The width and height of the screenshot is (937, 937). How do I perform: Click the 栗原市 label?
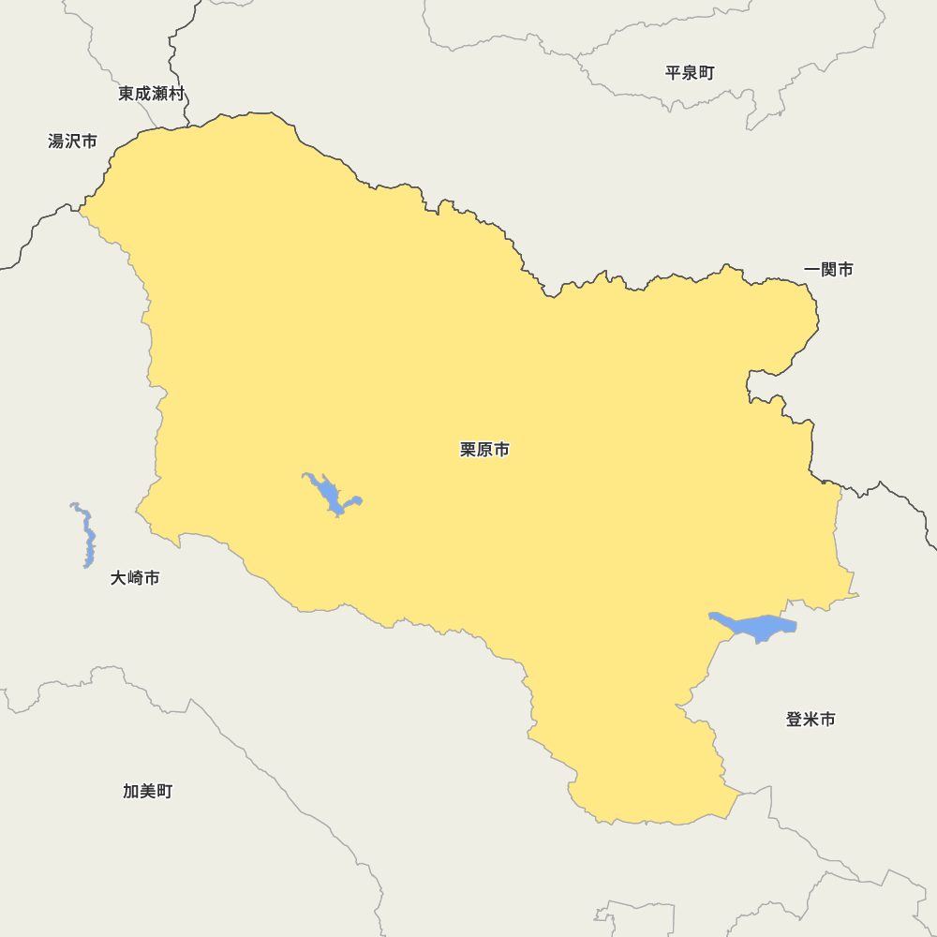click(x=484, y=450)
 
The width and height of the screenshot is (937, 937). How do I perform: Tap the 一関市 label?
click(x=828, y=270)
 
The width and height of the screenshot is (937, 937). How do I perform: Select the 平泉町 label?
click(x=690, y=73)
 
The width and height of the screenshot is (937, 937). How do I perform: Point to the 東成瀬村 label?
click(x=151, y=94)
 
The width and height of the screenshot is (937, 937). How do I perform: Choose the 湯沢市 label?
click(x=72, y=141)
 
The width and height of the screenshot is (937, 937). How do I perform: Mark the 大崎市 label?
click(x=135, y=578)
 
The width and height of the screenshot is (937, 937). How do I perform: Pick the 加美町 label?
click(x=147, y=792)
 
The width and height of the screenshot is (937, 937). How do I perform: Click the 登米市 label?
click(x=811, y=720)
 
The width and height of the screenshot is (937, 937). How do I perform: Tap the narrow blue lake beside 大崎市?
click(x=87, y=537)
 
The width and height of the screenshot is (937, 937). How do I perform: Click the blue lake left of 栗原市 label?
click(x=330, y=494)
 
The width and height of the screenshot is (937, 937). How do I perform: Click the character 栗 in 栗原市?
click(x=468, y=450)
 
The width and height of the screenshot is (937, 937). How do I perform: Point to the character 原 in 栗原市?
click(x=485, y=450)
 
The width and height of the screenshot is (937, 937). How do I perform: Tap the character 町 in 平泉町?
click(x=706, y=73)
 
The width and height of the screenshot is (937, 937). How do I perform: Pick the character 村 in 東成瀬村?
click(x=176, y=94)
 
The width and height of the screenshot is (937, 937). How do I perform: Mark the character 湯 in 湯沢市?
click(x=56, y=141)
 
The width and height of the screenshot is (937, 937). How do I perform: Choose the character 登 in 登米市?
click(x=795, y=720)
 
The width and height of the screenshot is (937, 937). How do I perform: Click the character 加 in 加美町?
click(x=131, y=792)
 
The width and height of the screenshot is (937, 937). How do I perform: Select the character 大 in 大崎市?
click(x=119, y=578)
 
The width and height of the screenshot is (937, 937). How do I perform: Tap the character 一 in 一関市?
click(x=812, y=270)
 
